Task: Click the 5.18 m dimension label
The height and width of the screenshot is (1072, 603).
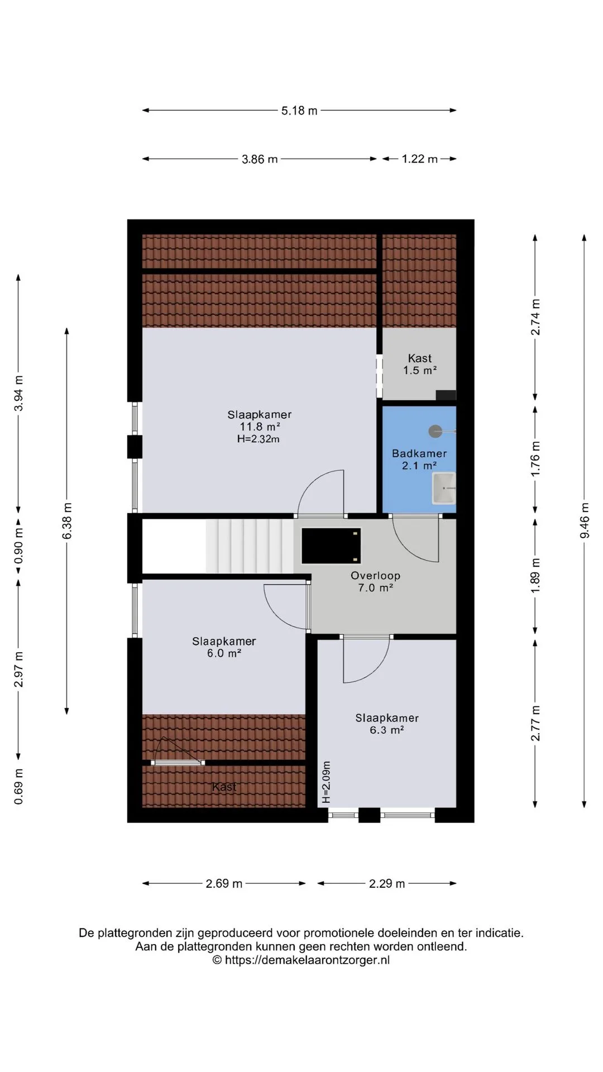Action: click(299, 111)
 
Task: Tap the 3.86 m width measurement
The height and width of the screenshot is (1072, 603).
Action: click(260, 159)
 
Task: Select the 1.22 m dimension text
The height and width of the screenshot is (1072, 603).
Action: click(420, 159)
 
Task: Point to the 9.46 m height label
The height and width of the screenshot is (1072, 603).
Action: click(585, 520)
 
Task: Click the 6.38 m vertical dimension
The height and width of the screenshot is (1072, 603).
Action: click(67, 521)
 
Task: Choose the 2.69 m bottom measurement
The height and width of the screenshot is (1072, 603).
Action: click(224, 883)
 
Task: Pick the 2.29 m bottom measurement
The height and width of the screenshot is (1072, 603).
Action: click(387, 883)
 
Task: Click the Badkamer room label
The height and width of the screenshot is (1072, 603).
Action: click(419, 453)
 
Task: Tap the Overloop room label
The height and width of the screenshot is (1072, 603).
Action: click(375, 576)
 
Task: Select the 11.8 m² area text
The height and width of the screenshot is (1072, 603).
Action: click(260, 427)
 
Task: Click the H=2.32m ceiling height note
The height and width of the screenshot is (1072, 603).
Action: click(259, 439)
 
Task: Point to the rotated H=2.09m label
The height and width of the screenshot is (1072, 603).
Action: click(327, 782)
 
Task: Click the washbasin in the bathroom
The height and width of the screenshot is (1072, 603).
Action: click(444, 488)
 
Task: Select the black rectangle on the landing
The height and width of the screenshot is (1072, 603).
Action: click(331, 545)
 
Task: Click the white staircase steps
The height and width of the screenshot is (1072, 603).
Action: click(250, 545)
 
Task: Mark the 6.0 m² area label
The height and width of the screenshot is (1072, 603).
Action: click(224, 653)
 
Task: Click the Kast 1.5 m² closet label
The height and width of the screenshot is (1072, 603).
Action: click(420, 364)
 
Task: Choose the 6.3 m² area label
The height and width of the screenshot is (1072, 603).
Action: click(387, 730)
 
